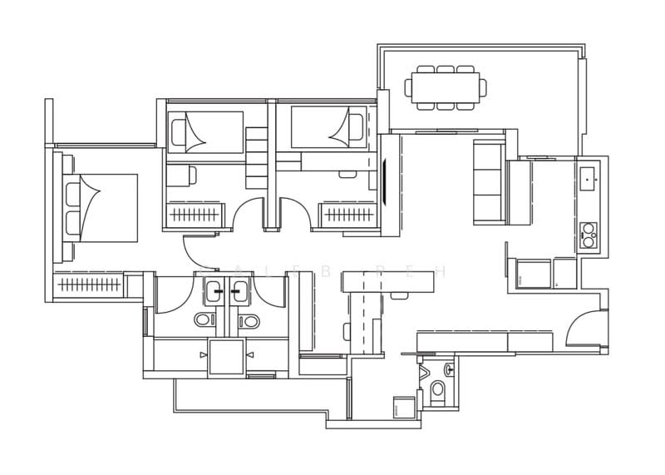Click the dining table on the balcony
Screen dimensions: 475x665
pos(445,87)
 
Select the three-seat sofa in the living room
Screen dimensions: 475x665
pos(489,182)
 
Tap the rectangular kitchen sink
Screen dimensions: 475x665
pos(589,176)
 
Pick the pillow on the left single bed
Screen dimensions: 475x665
pos(179,131)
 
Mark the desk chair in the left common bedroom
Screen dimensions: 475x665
pos(191,175)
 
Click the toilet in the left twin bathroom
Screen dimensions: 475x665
pos(204,319)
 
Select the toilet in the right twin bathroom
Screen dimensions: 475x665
pos(248,320)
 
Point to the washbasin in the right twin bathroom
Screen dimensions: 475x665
pos(240,290)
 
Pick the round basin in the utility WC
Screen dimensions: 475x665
pos(449,368)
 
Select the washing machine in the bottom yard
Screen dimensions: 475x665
pos(404,408)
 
